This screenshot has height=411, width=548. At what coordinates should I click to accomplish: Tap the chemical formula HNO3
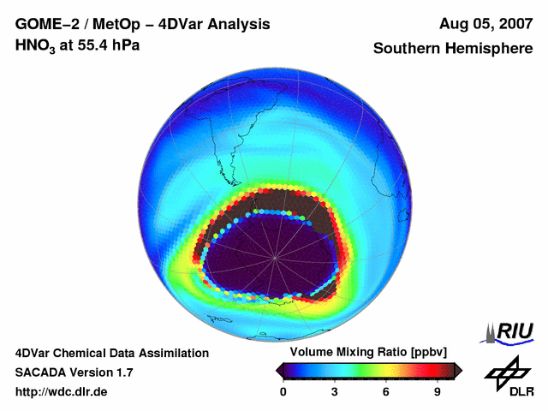[x=36, y=45]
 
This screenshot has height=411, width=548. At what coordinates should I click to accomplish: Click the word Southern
[x=405, y=49]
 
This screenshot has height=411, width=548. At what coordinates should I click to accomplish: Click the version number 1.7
[x=122, y=372]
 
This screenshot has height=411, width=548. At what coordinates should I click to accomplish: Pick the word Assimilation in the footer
[x=171, y=353]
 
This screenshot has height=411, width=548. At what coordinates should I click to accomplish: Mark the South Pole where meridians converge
[x=274, y=258]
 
